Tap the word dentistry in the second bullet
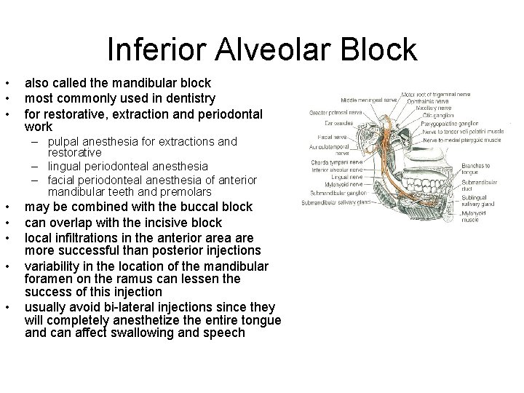[x=188, y=98]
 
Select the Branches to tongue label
[x=476, y=169]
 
